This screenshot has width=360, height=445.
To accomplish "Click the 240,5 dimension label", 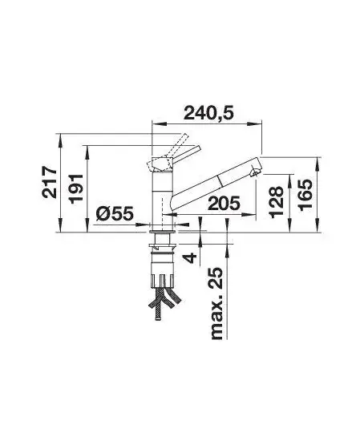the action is point(208,113).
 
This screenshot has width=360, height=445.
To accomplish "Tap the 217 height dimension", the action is point(50,182).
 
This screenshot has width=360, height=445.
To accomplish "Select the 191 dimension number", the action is point(76,188).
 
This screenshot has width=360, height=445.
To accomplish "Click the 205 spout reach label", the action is point(224,203).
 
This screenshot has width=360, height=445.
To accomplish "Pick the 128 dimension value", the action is point(276,202).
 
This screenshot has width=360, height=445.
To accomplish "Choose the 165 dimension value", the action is point(305,195).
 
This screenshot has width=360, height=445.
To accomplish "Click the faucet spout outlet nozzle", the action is point(255,172).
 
